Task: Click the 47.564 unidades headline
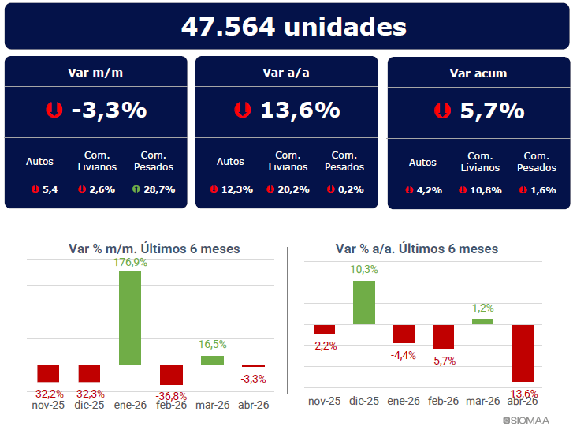click(x=294, y=27)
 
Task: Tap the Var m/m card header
click(x=95, y=73)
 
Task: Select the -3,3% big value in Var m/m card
click(x=110, y=110)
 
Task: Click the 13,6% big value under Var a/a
click(x=300, y=110)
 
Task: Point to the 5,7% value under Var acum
click(x=493, y=110)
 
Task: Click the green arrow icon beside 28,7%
click(x=136, y=189)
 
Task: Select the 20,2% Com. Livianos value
click(x=293, y=189)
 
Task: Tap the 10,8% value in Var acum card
click(x=486, y=190)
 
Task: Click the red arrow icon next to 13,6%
click(x=243, y=110)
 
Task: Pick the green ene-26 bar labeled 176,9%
click(x=130, y=318)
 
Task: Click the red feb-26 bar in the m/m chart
click(x=171, y=375)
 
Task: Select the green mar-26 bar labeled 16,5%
click(x=212, y=360)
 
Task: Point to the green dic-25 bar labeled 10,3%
click(x=364, y=303)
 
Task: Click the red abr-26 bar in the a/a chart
click(x=523, y=353)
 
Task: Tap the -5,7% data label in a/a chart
click(x=443, y=361)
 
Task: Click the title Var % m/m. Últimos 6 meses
click(x=154, y=249)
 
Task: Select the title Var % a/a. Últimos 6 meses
click(x=417, y=249)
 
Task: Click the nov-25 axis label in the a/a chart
click(x=324, y=401)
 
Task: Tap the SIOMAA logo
click(x=526, y=421)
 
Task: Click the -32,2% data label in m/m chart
click(x=48, y=394)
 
